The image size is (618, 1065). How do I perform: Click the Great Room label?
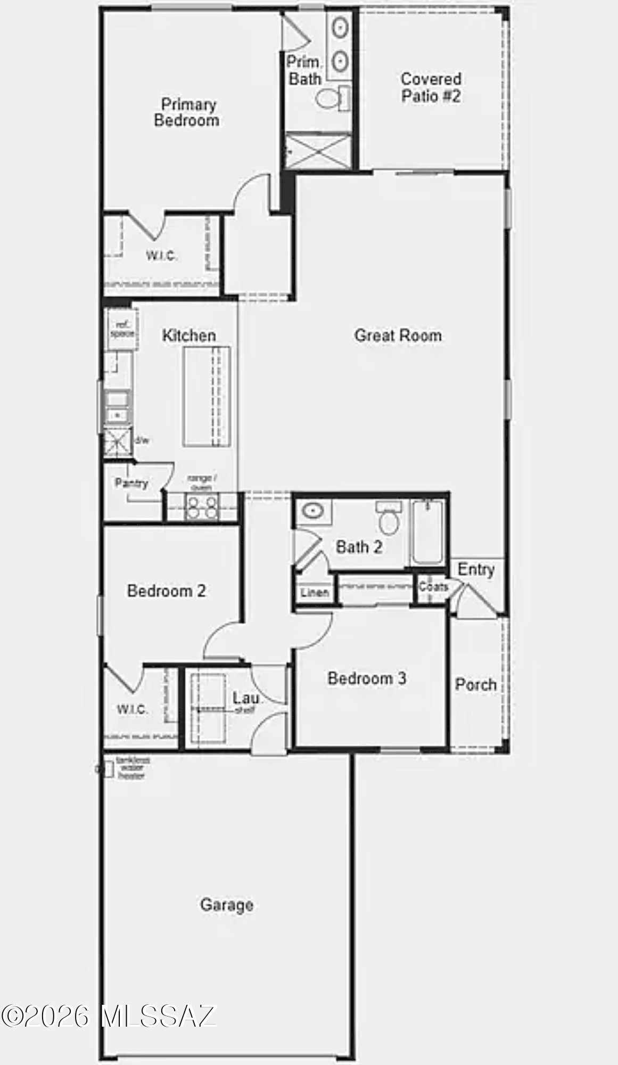click(x=398, y=335)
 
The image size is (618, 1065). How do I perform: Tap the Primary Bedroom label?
click(x=187, y=112)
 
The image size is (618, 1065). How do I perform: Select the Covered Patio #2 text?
click(x=431, y=88)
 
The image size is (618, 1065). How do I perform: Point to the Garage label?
click(x=227, y=905)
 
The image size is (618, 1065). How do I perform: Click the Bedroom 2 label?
click(x=166, y=591)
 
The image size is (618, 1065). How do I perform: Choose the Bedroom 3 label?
click(x=367, y=678)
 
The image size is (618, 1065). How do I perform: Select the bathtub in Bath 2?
click(x=427, y=531)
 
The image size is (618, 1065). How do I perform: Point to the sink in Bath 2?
click(x=313, y=512)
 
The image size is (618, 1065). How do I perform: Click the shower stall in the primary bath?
click(x=318, y=151)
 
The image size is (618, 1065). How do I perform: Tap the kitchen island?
click(x=207, y=396)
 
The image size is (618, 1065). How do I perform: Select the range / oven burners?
click(x=201, y=506)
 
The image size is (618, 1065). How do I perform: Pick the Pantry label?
click(x=131, y=483)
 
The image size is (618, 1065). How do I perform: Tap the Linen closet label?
click(x=315, y=592)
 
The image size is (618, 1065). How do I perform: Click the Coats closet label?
click(x=433, y=586)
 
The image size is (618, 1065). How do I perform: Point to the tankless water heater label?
click(x=132, y=768)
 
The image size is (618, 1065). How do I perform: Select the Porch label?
click(x=475, y=684)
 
